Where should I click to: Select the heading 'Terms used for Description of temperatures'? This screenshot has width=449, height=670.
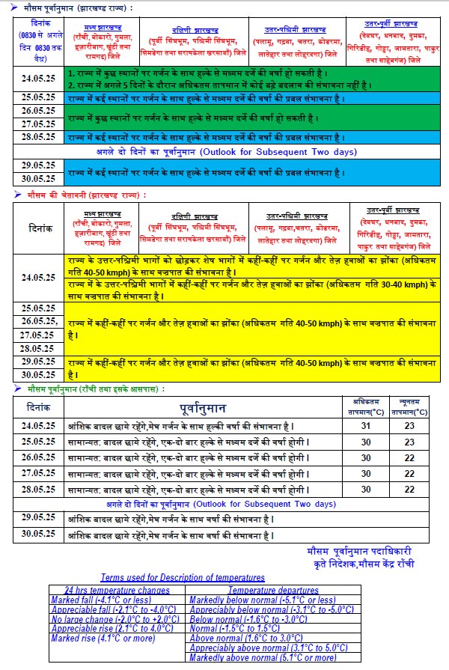click(183, 578)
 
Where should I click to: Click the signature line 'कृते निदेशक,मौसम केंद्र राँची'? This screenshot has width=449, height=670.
click(355, 563)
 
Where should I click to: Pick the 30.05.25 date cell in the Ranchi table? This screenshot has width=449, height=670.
click(39, 535)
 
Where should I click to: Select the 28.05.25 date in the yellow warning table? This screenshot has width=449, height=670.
click(39, 348)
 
